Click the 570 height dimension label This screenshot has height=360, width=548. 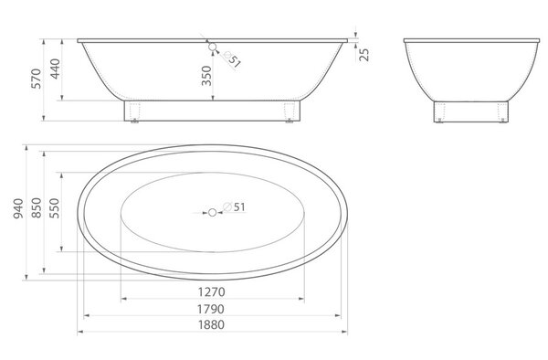click(37, 79)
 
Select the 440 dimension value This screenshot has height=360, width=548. click(55, 69)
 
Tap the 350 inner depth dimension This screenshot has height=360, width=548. click(206, 76)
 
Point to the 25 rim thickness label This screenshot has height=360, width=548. click(364, 55)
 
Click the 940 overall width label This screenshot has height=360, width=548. click(18, 208)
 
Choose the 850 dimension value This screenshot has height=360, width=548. click(37, 208)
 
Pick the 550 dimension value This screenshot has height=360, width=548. click(54, 208)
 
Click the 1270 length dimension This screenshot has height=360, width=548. click(212, 291)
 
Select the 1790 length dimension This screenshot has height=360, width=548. click(211, 309)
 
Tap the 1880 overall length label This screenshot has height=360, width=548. click(212, 324)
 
